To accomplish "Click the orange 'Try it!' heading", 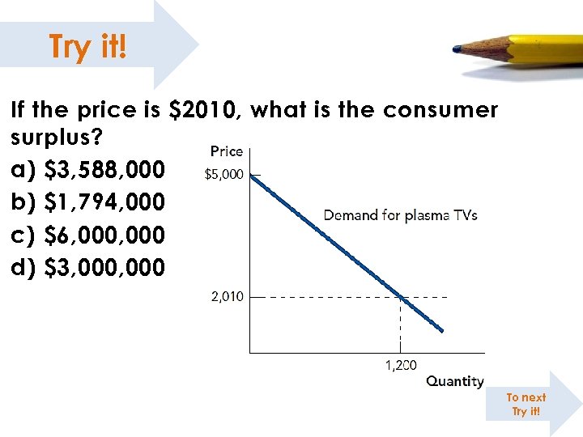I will click(x=87, y=46).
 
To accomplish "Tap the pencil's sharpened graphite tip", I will click(x=457, y=49).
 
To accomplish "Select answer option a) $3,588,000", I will click(x=88, y=170).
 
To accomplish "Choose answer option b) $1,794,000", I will click(x=88, y=202).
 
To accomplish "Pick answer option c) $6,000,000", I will click(x=88, y=235).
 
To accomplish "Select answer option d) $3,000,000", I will click(x=88, y=267).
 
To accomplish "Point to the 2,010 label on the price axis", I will click(x=227, y=297).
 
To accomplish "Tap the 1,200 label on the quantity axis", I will click(x=401, y=366).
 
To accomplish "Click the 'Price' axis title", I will click(x=227, y=151).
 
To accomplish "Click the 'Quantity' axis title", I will click(x=454, y=381).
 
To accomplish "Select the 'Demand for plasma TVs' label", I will click(x=400, y=215).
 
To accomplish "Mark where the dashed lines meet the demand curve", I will click(x=401, y=297).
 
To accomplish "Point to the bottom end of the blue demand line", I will click(x=441, y=330).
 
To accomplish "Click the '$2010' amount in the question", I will click(x=203, y=110).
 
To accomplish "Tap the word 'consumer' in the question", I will click(x=438, y=110).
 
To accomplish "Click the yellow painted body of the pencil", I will click(x=543, y=49).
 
